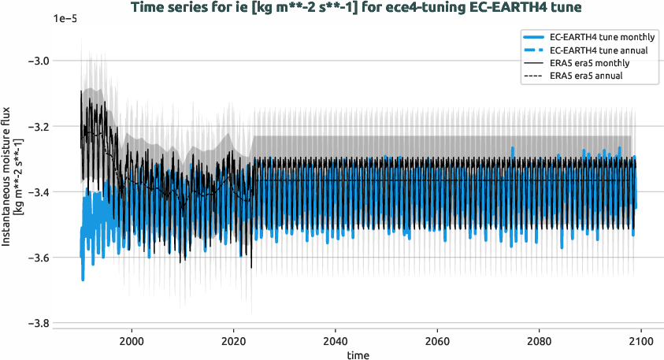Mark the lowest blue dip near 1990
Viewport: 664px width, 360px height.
tap(83, 279)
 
